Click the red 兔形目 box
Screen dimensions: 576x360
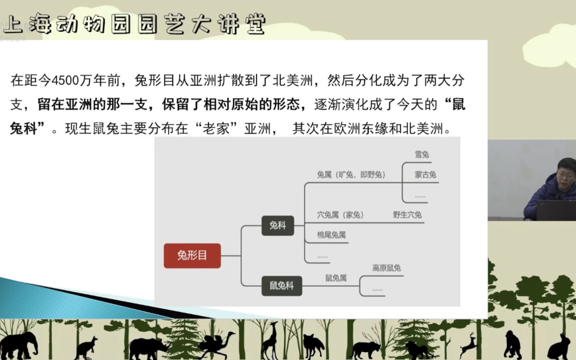(192, 255)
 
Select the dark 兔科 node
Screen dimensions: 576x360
(278, 225)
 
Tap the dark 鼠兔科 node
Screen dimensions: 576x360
(282, 286)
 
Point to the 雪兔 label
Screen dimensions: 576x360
(422, 155)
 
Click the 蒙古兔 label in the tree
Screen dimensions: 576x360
(425, 175)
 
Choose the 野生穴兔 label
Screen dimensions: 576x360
(407, 214)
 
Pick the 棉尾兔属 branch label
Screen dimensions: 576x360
(332, 235)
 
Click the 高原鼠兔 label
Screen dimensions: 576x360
(386, 268)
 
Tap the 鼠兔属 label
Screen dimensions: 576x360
(336, 278)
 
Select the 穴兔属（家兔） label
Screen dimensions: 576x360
(340, 214)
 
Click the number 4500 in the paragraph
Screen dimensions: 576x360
(65, 80)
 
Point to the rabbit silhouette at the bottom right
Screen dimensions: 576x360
(560, 347)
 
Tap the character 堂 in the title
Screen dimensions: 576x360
(255, 24)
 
